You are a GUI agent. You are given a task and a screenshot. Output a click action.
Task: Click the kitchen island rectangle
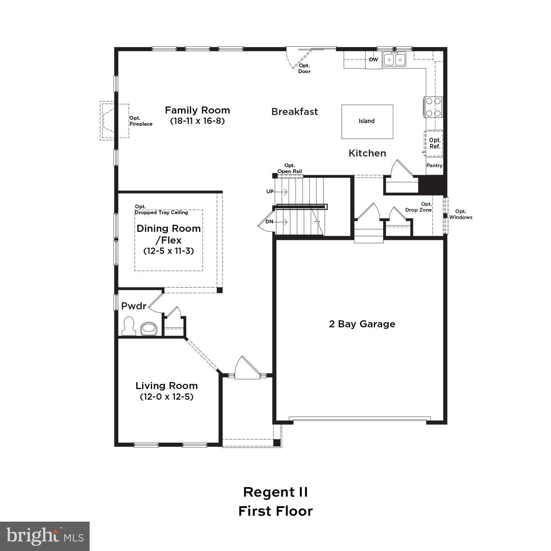367,122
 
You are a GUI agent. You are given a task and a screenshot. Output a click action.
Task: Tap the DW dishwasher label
373,60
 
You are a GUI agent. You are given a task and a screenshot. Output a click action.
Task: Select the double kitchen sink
395,60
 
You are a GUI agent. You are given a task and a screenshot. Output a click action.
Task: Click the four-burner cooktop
433,107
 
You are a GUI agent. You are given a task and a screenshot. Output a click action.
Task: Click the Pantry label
434,166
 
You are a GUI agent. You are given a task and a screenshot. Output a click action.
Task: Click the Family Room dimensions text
197,121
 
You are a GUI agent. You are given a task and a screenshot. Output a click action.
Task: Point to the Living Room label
167,386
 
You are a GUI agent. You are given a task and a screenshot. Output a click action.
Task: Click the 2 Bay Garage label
362,324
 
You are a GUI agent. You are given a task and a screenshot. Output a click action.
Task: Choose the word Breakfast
295,112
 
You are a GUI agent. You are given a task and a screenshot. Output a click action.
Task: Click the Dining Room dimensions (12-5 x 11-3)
169,251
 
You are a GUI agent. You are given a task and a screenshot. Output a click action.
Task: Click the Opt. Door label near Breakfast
304,69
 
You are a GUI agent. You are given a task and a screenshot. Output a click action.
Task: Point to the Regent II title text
275,492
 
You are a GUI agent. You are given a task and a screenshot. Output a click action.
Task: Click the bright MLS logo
45,536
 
